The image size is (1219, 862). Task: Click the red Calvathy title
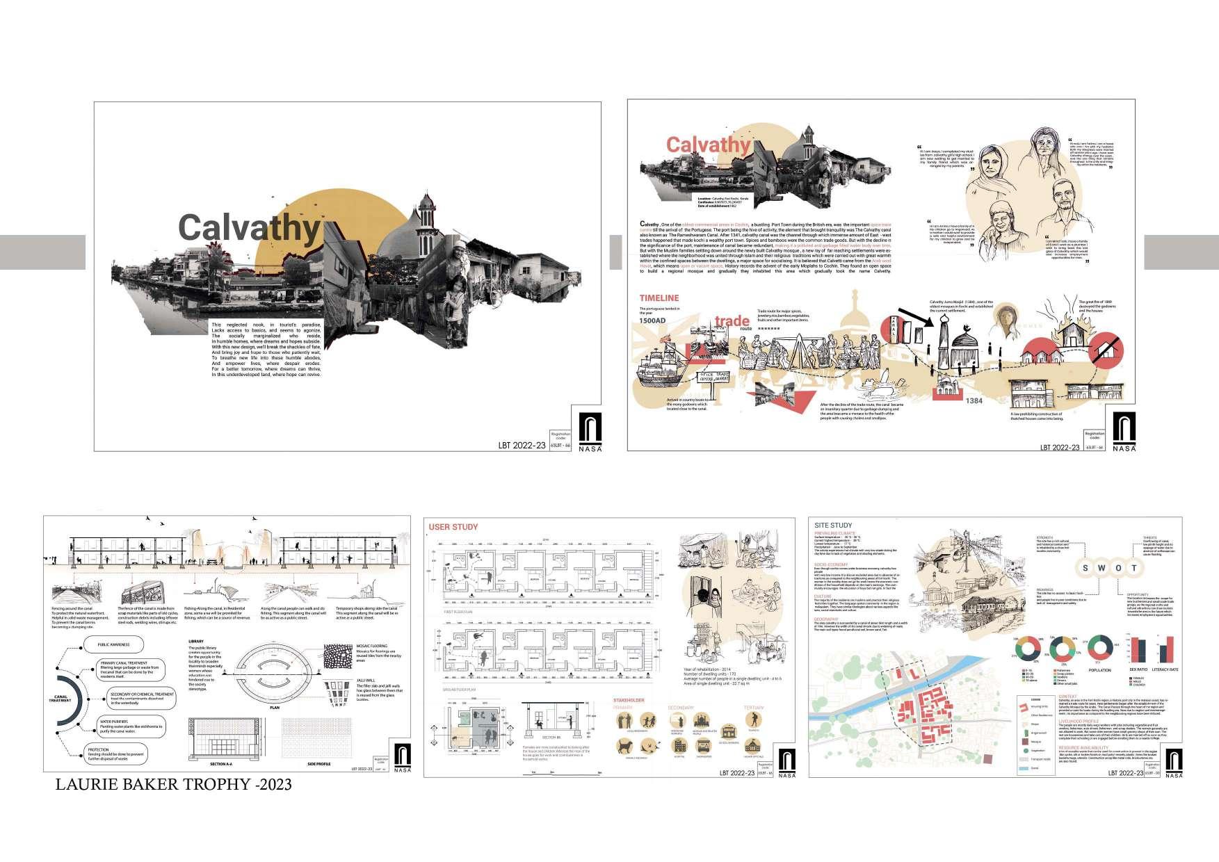[x=707, y=145]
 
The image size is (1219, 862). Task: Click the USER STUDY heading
[x=453, y=527]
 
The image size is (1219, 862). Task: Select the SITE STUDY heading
[x=833, y=526]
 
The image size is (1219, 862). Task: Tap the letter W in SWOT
[x=1101, y=568]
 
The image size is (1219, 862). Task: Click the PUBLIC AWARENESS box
[x=113, y=644]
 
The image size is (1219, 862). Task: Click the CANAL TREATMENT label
[x=60, y=697]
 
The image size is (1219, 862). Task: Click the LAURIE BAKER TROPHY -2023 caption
[x=173, y=785]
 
